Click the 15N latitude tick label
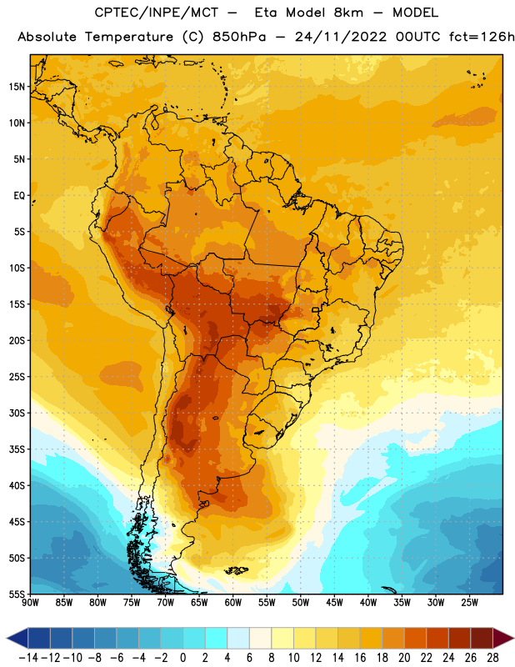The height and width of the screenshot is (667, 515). (17, 87)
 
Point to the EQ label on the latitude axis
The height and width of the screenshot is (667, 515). (19, 196)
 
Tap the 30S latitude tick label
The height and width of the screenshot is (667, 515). (17, 413)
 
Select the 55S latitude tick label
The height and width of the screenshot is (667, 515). (17, 594)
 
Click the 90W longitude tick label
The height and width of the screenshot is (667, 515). (30, 603)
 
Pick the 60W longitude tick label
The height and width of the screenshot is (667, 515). (233, 603)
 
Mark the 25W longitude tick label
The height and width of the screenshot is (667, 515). (469, 603)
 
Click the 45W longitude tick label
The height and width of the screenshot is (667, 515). (334, 603)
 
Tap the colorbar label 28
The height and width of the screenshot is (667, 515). (492, 658)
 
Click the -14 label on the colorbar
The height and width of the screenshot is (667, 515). (28, 658)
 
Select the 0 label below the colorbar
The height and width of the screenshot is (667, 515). (182, 658)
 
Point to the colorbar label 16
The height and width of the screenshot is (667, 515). (360, 658)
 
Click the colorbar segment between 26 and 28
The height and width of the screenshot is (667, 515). (482, 638)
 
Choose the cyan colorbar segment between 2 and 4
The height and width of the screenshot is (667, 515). (217, 638)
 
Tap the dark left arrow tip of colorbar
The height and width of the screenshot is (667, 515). (7, 638)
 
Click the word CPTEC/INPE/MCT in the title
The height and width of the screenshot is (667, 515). (156, 13)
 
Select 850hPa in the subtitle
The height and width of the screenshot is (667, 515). (239, 37)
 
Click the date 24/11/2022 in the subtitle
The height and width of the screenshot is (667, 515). (341, 37)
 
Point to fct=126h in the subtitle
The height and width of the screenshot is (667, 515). (482, 37)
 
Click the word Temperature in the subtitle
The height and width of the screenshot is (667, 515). (129, 37)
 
